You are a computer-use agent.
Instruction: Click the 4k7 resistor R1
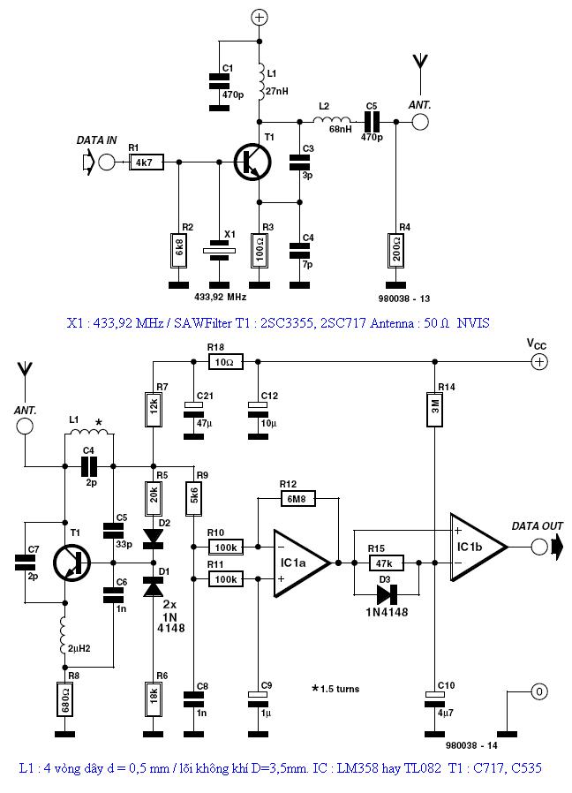pyautogui.click(x=143, y=162)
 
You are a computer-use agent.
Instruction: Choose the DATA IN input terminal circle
pyautogui.click(x=107, y=162)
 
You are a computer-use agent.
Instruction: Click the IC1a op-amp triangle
pyautogui.click(x=301, y=561)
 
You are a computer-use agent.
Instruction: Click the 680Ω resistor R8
pyautogui.click(x=64, y=697)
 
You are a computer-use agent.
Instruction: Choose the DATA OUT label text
pyautogui.click(x=537, y=526)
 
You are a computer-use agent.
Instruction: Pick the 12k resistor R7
pyautogui.click(x=154, y=408)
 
